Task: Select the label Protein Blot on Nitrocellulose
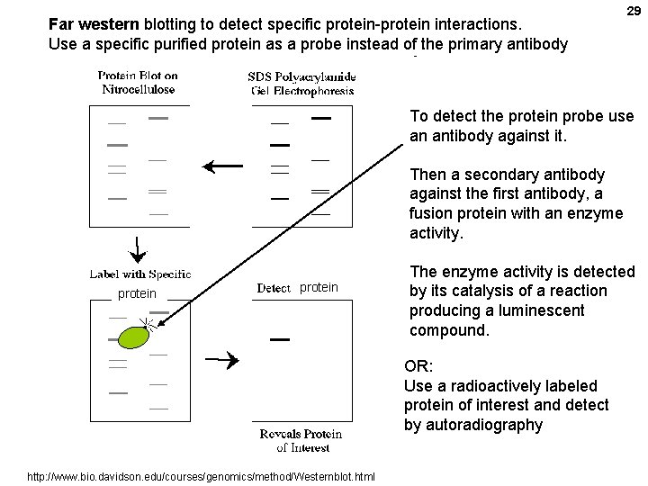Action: point(139,83)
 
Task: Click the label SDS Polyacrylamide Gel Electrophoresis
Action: point(301,83)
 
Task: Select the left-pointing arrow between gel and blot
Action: point(222,166)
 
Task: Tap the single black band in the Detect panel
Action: point(280,339)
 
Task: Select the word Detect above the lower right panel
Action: point(274,288)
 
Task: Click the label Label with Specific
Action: point(139,274)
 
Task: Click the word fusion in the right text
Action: point(432,213)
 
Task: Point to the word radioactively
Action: point(486,386)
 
